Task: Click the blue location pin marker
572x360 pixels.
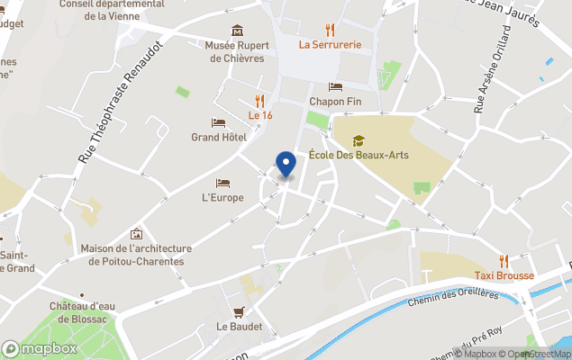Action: coord(286,165)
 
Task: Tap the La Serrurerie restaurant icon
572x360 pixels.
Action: coord(330,29)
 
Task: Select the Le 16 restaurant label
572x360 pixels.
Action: coord(260,115)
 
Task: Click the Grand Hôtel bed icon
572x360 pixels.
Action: coord(218,122)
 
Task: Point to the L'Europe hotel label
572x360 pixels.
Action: coord(222,197)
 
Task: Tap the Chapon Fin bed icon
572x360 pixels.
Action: coord(335,87)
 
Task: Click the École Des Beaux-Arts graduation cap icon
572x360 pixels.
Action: coord(359,140)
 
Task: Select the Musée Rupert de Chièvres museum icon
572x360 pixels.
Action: coord(237,31)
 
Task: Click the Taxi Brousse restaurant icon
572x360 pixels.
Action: coord(504,261)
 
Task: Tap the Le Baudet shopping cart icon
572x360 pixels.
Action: coord(239,312)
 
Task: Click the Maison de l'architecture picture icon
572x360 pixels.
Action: coord(136,234)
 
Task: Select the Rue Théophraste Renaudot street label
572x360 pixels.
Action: coord(121,101)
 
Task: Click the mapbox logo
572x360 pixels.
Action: coord(40,348)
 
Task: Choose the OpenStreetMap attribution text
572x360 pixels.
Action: coord(537,353)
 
